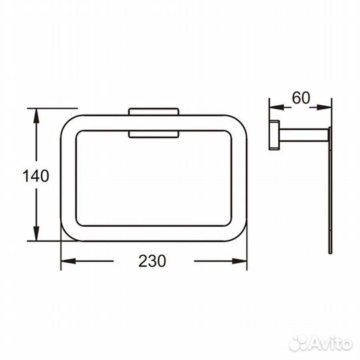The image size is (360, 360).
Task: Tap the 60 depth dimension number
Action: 301,97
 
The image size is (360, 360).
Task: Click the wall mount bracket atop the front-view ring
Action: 153,113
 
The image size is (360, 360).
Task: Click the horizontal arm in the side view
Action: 303,135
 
